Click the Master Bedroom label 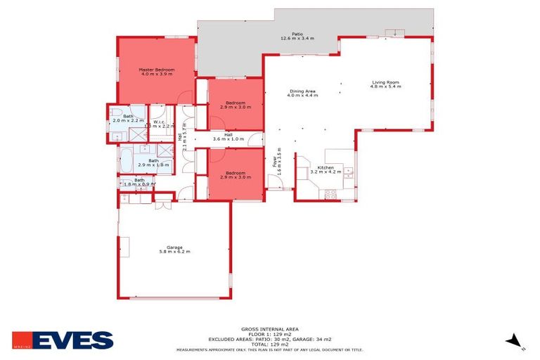point(156,70)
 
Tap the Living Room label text point(387,83)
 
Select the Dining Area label point(302,91)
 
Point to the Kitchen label point(326,167)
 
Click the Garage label point(174,247)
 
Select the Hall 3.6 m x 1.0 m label point(229,136)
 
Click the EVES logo point(63,340)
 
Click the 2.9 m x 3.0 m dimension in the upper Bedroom point(235,107)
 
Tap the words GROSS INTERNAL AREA point(270,329)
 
